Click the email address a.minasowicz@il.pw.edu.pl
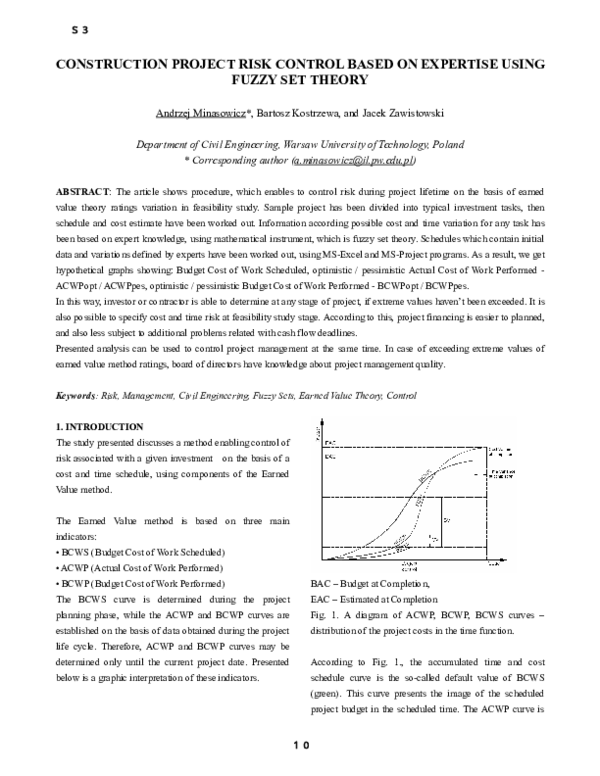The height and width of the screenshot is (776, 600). (x=353, y=160)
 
